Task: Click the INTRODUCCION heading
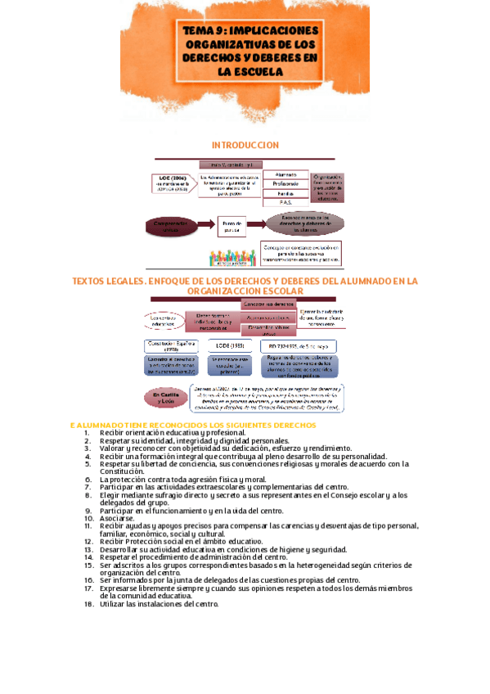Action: click(245, 145)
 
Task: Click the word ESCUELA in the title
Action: click(258, 71)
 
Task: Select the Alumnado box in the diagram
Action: click(286, 173)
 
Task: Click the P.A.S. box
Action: click(286, 202)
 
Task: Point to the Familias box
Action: click(286, 193)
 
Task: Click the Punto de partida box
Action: click(238, 223)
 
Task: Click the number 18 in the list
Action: click(89, 604)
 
